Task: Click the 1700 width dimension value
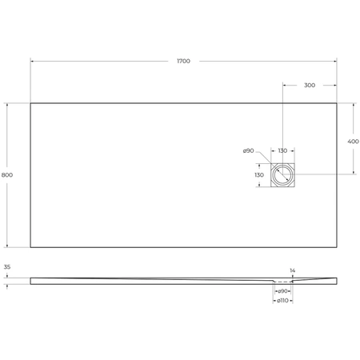click(x=184, y=62)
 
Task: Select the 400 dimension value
click(x=353, y=141)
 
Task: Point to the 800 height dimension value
click(x=7, y=175)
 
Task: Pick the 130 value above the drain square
click(x=282, y=151)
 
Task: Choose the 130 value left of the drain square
click(x=258, y=175)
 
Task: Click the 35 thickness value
click(x=7, y=267)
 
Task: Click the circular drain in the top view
click(x=282, y=175)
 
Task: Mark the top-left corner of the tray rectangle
click(x=30, y=102)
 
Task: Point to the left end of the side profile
click(x=31, y=279)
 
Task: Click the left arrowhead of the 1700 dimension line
click(x=32, y=62)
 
